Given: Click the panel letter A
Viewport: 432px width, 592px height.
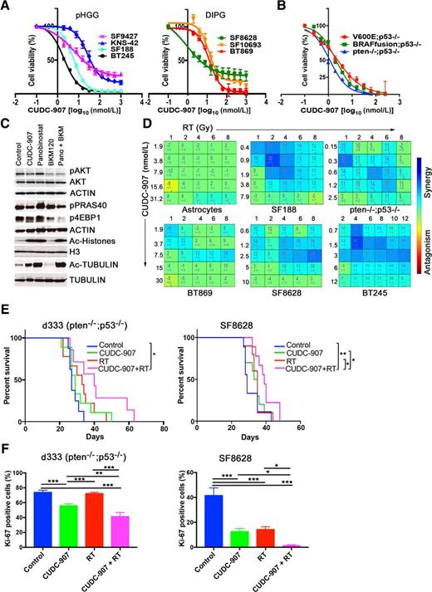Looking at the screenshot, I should (6, 6).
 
